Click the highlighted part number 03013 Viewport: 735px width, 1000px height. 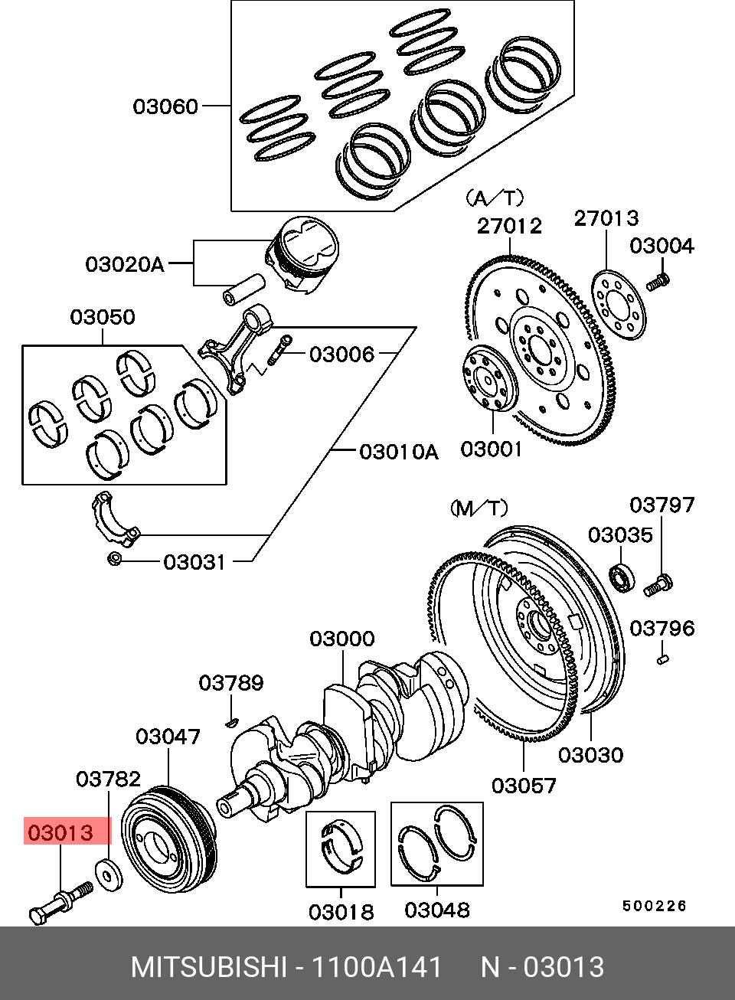60,832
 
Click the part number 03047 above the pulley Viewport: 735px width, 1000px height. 168,737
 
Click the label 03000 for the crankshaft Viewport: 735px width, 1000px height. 341,639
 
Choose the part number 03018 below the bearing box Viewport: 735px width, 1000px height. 341,912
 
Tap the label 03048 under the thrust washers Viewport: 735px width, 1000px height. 436,910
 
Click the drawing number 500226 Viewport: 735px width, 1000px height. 654,906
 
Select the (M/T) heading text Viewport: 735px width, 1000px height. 479,508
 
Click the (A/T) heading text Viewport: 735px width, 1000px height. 495,198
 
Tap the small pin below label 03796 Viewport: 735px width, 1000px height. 663,658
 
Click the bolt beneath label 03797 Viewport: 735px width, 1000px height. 658,586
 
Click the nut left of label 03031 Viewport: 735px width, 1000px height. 114,559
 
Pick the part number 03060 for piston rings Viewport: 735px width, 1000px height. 165,106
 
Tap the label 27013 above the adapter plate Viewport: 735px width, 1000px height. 606,218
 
